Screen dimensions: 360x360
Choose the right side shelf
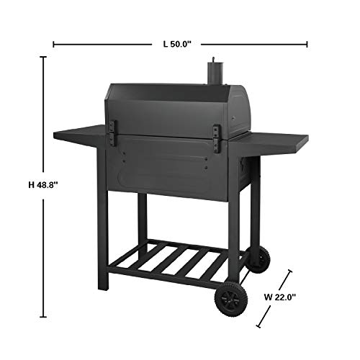277,142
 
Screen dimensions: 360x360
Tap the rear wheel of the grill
258,257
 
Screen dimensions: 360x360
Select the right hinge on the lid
216,138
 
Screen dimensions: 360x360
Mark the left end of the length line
54,45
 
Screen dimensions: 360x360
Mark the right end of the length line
307,45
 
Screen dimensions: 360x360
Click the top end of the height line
43,58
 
